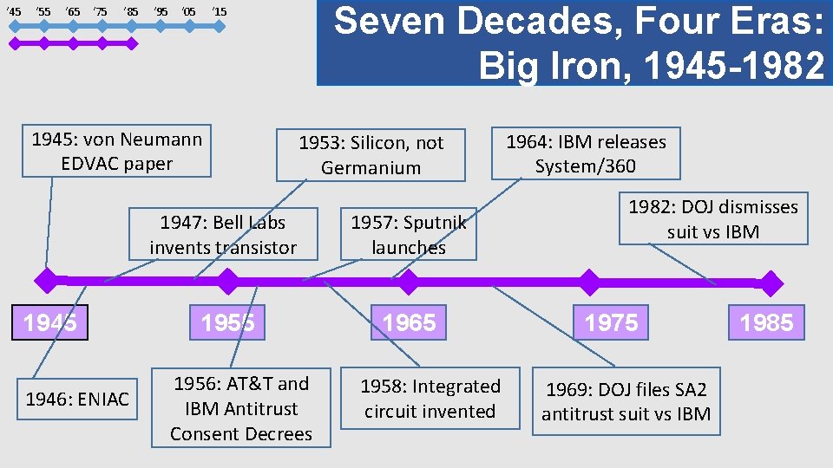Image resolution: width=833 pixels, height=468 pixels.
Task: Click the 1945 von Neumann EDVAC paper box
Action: (116, 152)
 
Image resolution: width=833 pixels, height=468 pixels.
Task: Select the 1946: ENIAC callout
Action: (77, 400)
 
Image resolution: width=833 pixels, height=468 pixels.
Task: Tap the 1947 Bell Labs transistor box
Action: (223, 235)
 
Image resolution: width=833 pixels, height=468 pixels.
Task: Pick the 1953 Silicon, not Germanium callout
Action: (371, 155)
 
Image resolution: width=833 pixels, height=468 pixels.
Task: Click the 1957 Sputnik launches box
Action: (409, 235)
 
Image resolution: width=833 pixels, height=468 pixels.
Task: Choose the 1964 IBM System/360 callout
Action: (586, 153)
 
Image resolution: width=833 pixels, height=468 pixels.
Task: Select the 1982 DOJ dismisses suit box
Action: (712, 219)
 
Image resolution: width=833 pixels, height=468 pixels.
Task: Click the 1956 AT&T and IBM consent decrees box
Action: (241, 408)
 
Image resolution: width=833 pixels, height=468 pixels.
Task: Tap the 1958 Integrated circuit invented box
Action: (430, 399)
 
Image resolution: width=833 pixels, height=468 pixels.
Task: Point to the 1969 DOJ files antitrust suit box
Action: (626, 402)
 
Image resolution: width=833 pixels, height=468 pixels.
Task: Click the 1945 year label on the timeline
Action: (49, 323)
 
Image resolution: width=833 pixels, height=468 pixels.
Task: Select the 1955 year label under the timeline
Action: (227, 323)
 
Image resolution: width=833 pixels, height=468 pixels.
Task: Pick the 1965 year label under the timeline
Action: (409, 323)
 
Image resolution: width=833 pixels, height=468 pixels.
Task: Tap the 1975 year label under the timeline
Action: (611, 323)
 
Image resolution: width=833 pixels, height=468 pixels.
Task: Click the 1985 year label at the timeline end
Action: (766, 323)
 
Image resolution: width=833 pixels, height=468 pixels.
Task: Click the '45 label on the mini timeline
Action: (13, 11)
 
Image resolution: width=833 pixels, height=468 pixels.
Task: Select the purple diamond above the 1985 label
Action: (770, 282)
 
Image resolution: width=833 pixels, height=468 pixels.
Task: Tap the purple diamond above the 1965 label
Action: (407, 281)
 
